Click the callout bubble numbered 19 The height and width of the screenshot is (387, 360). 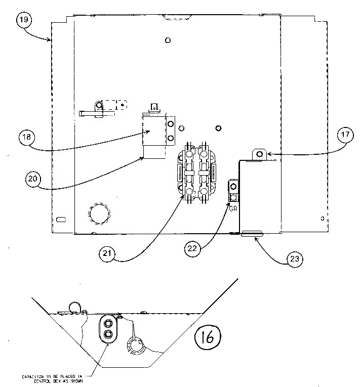click(24, 21)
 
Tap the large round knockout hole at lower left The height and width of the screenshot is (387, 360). click(99, 214)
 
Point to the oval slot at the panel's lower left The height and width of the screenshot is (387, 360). click(61, 219)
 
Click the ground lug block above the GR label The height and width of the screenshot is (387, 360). click(234, 192)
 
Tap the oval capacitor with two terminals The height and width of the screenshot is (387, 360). click(108, 328)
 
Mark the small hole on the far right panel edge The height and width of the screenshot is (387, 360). click(323, 219)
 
